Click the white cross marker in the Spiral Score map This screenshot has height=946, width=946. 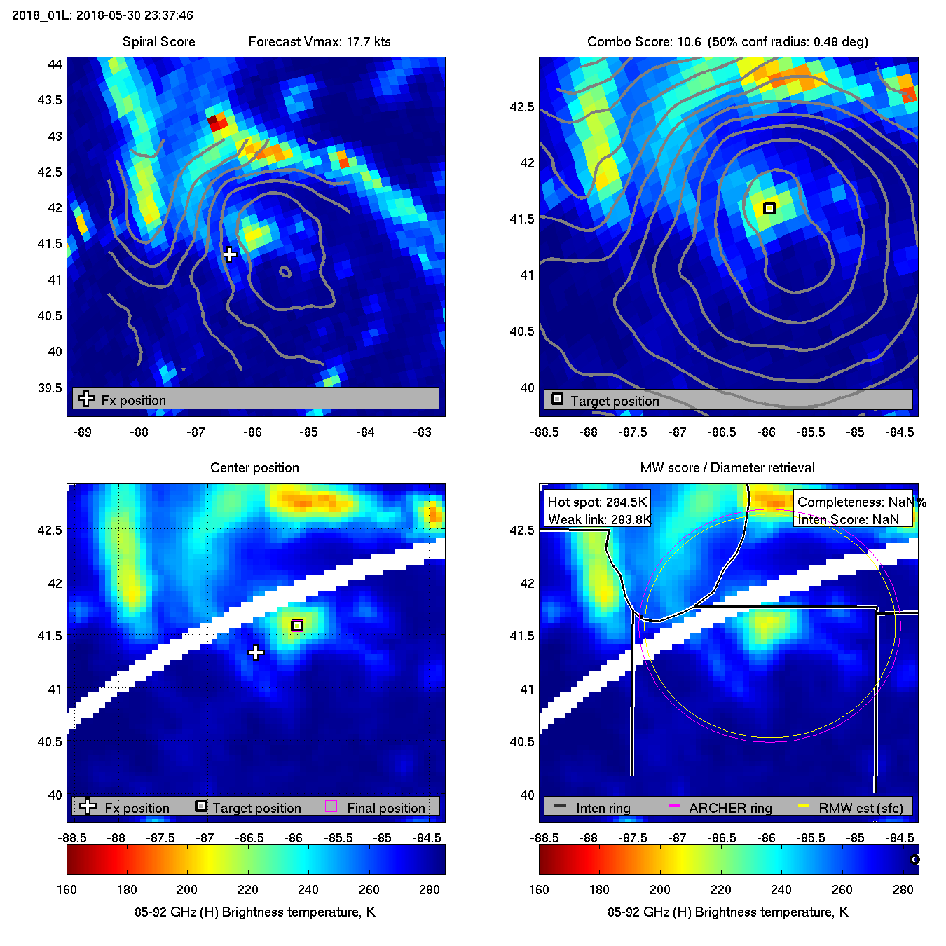[x=230, y=254]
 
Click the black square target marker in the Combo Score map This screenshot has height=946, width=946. [x=769, y=208]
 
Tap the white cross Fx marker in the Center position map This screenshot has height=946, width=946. [x=256, y=653]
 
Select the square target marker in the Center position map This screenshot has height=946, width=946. [x=297, y=626]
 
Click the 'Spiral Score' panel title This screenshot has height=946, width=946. [x=158, y=42]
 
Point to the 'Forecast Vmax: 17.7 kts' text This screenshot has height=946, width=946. [x=320, y=42]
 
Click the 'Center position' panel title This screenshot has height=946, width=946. [x=254, y=468]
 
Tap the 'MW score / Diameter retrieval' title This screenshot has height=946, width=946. [x=727, y=468]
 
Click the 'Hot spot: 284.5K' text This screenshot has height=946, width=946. [x=597, y=502]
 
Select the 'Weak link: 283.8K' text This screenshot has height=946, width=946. [x=599, y=519]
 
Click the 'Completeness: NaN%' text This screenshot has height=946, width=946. [x=861, y=502]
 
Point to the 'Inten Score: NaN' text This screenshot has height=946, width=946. [x=848, y=519]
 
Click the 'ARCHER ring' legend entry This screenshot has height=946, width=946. [x=730, y=808]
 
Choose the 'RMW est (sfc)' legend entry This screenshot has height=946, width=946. [x=861, y=808]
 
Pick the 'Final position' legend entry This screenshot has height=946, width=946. [x=385, y=808]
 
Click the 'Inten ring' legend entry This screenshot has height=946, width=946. [x=603, y=808]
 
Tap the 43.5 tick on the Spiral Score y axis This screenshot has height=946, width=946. [x=50, y=100]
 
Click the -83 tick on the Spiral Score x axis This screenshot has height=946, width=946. [x=423, y=432]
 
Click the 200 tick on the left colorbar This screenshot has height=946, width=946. [x=187, y=890]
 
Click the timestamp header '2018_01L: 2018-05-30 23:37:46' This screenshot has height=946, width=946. [x=102, y=15]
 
